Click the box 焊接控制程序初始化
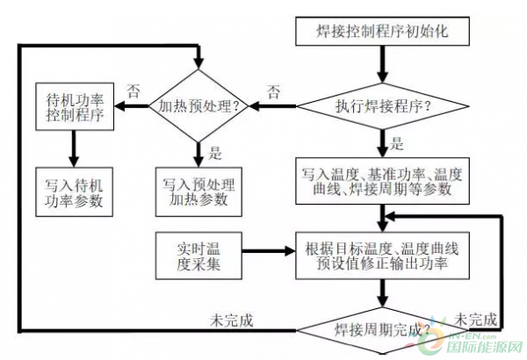tap(382, 32)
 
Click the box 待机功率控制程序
tap(75, 106)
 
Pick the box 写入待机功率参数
tap(74, 192)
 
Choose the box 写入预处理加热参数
tap(199, 192)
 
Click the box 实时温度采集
tap(199, 256)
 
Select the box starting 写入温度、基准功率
tap(382, 181)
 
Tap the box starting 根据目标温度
tap(382, 256)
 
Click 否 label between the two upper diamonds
tap(273, 91)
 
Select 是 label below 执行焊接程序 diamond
tap(397, 143)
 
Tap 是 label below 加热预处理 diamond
tap(215, 154)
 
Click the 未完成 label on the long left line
tap(232, 320)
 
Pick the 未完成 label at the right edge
tap(475, 320)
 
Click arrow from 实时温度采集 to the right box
tap(269, 251)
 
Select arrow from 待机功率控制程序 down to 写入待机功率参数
tap(74, 149)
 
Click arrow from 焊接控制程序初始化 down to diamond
tap(382, 64)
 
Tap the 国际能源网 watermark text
tap(484, 347)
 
